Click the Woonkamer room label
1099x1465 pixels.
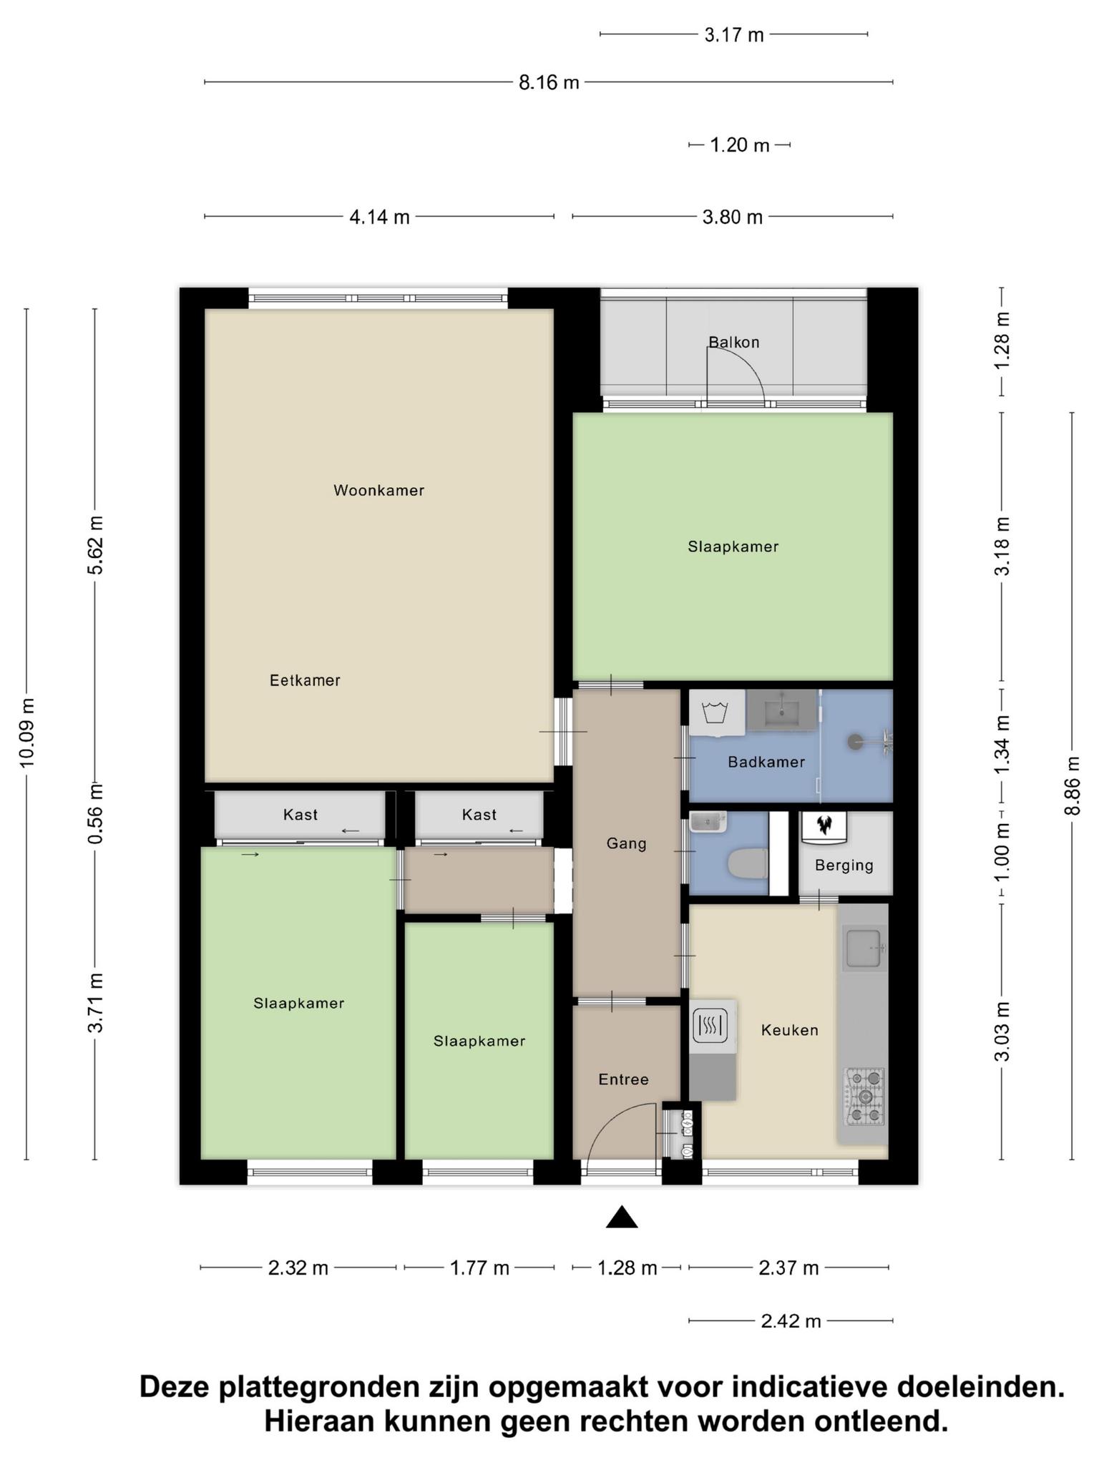[x=378, y=491]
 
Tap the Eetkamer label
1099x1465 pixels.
[x=305, y=680]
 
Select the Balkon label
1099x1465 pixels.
[x=733, y=342]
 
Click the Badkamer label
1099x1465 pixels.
[x=766, y=762]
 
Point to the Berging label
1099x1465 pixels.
[x=844, y=866]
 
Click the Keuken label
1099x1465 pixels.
[x=789, y=1030]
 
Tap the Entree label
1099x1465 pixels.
[x=623, y=1079]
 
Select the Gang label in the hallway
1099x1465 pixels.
[x=626, y=844]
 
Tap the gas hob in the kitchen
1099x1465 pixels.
[x=865, y=1096]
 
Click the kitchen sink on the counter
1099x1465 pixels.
[x=864, y=948]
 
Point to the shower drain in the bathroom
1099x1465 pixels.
[x=855, y=742]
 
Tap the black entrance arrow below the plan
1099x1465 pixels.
[x=622, y=1217]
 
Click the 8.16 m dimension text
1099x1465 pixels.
[x=549, y=83]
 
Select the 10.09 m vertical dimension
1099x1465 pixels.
[x=27, y=732]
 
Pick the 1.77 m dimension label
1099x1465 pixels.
[x=479, y=1268]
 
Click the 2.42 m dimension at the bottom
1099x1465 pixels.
[x=791, y=1321]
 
